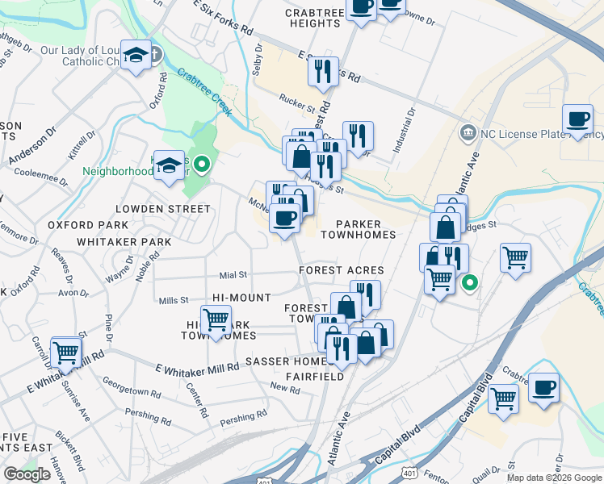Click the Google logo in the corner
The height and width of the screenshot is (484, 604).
point(26,474)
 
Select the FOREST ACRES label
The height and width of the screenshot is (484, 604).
point(341,270)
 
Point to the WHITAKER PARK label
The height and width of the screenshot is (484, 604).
point(124,241)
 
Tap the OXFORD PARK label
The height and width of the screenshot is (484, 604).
point(88,225)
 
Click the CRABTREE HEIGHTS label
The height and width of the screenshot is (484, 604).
point(313,18)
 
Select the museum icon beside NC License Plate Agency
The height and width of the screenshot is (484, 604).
point(467,132)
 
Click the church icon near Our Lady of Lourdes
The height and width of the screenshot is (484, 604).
point(156,55)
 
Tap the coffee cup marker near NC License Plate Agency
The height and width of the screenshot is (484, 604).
point(577,119)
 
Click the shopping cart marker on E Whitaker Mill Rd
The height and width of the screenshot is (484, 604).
point(65,352)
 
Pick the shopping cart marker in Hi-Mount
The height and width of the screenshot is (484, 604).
point(216,319)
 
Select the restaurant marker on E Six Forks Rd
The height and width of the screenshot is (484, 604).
point(321,71)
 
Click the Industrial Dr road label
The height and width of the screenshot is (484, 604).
point(405,131)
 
